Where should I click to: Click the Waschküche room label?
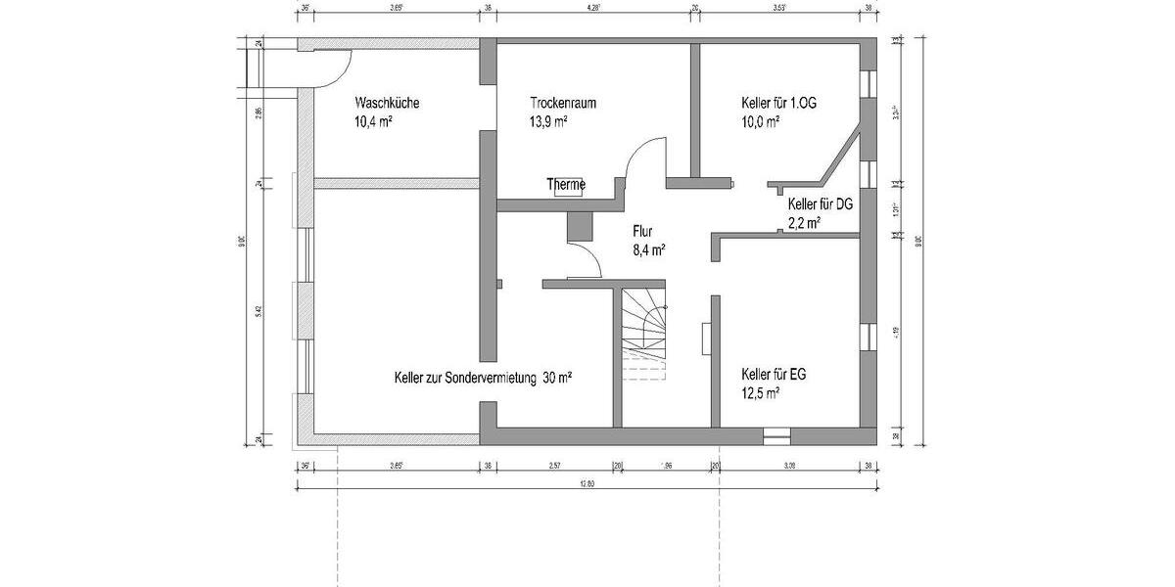click(x=388, y=103)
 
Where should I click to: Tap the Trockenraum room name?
click(x=563, y=103)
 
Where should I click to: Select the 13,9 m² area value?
click(x=549, y=122)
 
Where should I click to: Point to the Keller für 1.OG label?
click(x=778, y=103)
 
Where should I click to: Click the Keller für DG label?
click(x=821, y=204)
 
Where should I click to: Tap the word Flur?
click(x=642, y=232)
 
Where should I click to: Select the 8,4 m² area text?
click(x=649, y=250)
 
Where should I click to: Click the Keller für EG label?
click(x=774, y=375)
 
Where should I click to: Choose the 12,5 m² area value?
click(x=761, y=393)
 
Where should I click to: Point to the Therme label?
click(x=566, y=184)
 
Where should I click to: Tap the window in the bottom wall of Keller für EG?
click(x=776, y=430)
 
